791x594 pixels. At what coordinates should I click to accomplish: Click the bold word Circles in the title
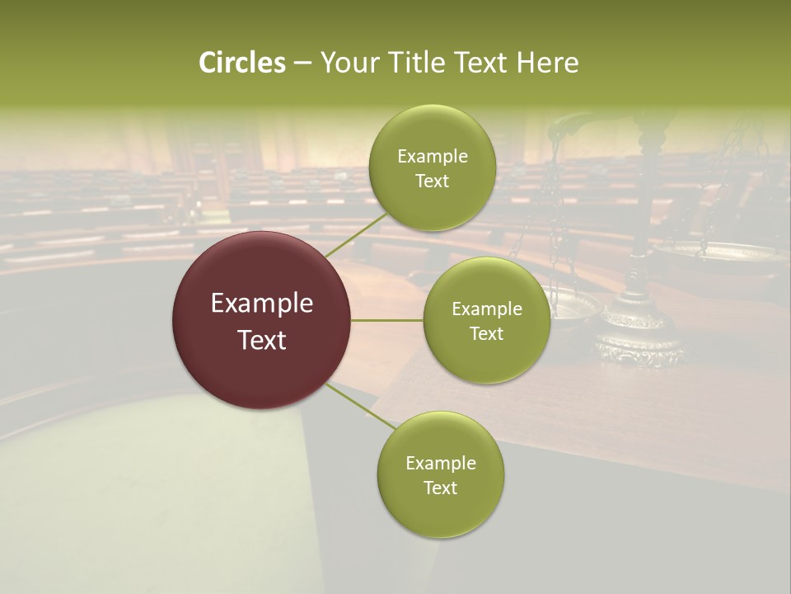242,63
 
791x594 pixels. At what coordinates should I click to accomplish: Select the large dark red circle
262,320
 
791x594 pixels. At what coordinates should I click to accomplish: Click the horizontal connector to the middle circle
387,320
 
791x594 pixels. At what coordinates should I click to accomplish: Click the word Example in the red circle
262,304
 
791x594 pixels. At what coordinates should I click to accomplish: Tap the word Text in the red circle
262,339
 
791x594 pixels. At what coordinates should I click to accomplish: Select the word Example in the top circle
432,157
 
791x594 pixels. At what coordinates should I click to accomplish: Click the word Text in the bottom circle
440,488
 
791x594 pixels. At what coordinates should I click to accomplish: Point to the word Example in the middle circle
487,309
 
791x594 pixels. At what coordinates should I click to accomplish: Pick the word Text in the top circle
432,181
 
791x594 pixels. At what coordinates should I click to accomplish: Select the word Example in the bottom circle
440,464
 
